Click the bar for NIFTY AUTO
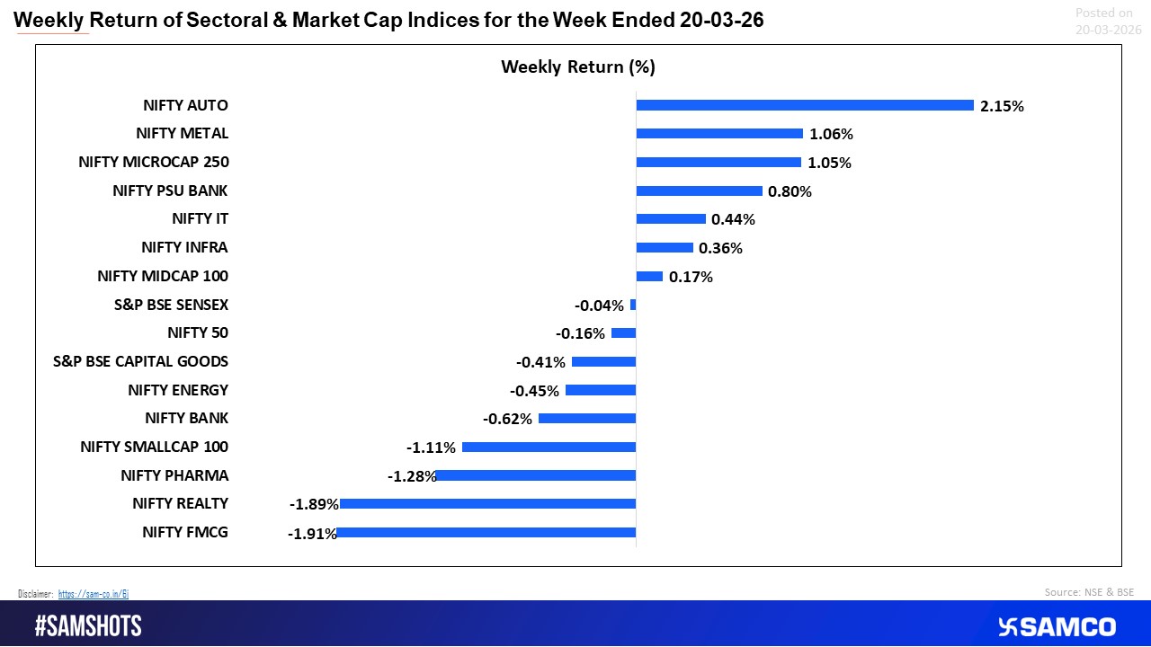click(x=805, y=105)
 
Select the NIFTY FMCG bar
click(x=486, y=532)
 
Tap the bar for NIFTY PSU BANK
click(x=699, y=191)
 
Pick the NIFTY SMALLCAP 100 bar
click(x=549, y=447)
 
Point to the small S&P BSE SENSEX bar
click(x=633, y=305)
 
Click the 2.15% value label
click(x=1002, y=106)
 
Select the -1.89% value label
click(x=313, y=504)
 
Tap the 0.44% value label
click(x=732, y=219)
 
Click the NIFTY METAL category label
click(x=183, y=134)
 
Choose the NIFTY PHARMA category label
click(x=174, y=475)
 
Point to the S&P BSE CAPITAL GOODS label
click(x=141, y=361)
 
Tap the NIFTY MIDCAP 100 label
click(x=163, y=276)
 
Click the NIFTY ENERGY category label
click(x=178, y=390)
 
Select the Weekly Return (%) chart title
click(x=578, y=66)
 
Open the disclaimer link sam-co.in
click(x=94, y=594)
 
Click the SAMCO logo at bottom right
click(x=1057, y=626)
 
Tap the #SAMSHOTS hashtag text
click(x=88, y=626)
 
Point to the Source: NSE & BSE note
click(x=1089, y=592)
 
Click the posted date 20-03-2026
click(x=1108, y=30)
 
